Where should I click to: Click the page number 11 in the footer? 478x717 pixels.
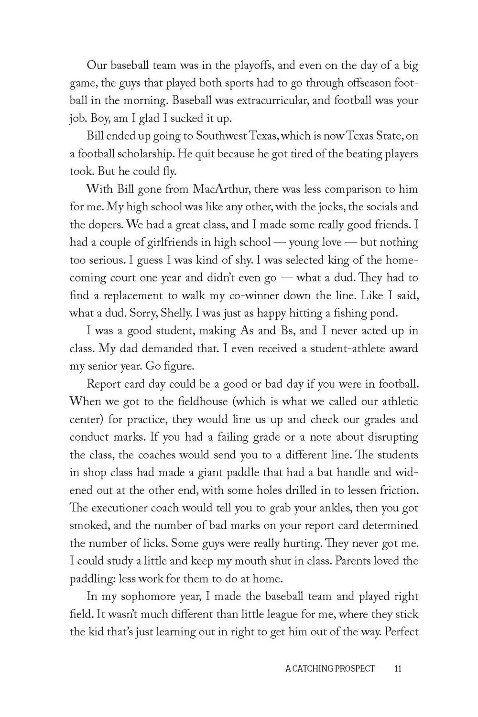click(x=398, y=668)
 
